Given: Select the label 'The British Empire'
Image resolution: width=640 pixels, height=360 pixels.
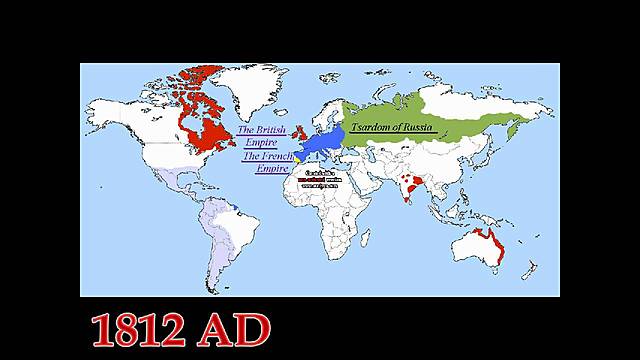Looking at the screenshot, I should [261, 137].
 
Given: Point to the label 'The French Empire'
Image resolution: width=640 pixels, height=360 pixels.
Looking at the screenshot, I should [265, 162].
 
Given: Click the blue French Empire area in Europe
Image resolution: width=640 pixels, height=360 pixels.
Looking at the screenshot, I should [323, 145].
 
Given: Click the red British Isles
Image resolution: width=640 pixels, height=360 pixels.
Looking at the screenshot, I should [296, 131].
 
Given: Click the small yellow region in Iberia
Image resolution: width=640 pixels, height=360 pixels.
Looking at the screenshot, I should [297, 157].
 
